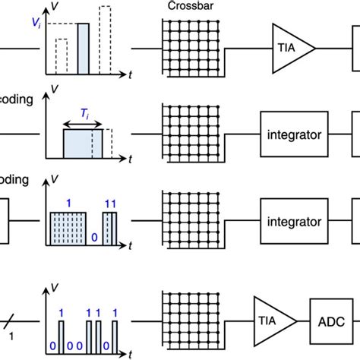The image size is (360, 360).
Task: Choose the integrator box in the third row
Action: pos(292,223)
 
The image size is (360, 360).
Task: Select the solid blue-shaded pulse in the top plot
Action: pos(84,49)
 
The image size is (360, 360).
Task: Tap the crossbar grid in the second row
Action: pos(187,134)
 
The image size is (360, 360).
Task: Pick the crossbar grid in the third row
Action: pos(187,223)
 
